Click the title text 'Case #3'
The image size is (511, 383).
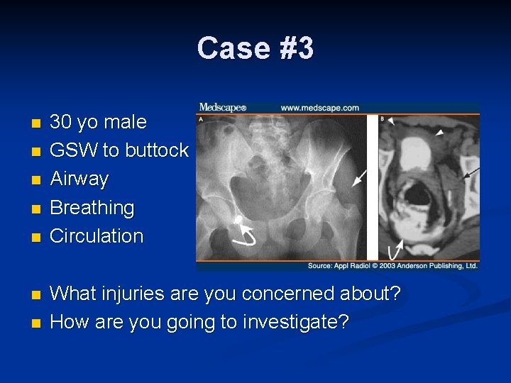(255, 48)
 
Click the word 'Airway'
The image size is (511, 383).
(79, 179)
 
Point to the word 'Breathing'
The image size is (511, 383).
(92, 208)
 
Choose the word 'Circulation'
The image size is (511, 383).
(97, 236)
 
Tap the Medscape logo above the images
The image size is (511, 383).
(222, 108)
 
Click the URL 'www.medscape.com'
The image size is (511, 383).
(320, 108)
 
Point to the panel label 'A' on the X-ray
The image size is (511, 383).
(201, 119)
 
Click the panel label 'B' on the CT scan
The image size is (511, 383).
(383, 119)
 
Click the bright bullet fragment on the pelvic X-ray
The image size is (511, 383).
(239, 218)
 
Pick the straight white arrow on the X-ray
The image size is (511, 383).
(360, 177)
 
